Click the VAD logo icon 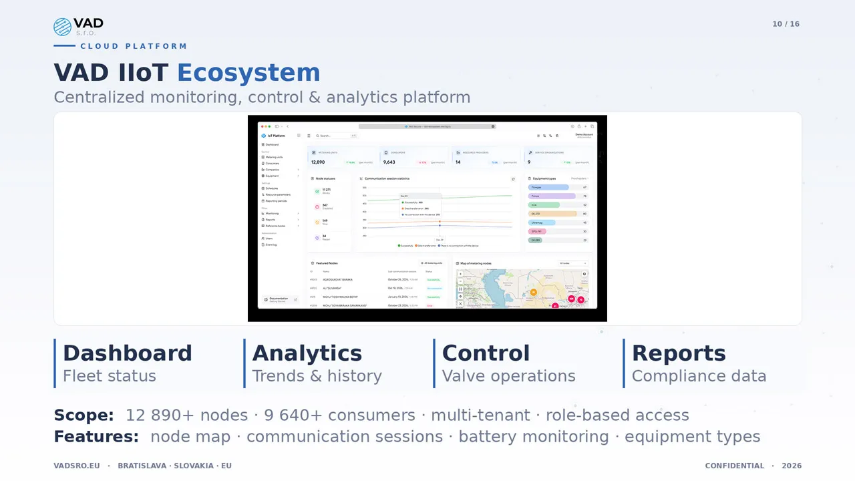tap(62, 27)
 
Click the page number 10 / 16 tap(786, 24)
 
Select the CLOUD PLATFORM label tap(134, 46)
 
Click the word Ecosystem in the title tap(248, 73)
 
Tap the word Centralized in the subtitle tap(99, 98)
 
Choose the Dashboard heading tap(127, 353)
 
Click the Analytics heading tap(307, 353)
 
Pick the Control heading tap(486, 353)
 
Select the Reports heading tap(679, 353)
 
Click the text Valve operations tap(508, 376)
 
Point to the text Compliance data tap(699, 376)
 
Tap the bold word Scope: tap(84, 416)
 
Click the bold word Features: tap(96, 437)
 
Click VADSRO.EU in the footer tap(77, 466)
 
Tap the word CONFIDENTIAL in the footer tap(734, 466)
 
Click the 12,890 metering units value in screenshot tap(318, 162)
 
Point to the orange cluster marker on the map tap(533, 292)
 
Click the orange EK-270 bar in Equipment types tap(552, 214)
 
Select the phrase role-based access tap(617, 416)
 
